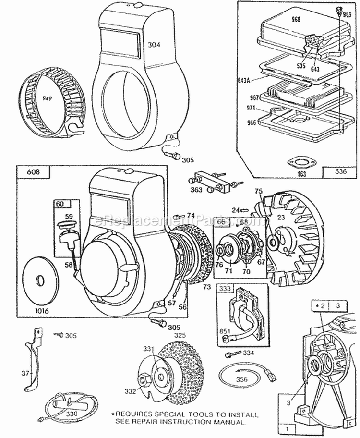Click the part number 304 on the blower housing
click(x=154, y=45)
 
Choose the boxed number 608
click(x=27, y=170)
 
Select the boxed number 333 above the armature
click(x=224, y=290)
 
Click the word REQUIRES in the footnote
click(x=132, y=414)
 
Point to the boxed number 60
click(x=60, y=203)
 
